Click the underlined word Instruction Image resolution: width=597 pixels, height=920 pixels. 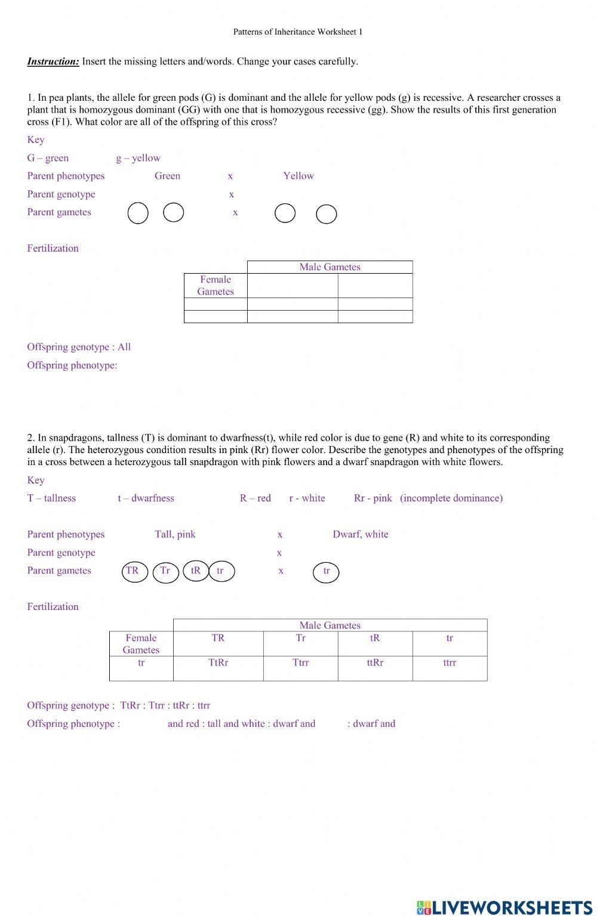coord(53,61)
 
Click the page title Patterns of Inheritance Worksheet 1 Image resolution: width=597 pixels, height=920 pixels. coord(297,32)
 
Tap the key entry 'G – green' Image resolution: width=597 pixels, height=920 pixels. coord(48,158)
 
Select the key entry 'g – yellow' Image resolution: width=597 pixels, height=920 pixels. coord(138,158)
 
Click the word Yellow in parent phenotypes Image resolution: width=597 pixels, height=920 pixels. coord(298,176)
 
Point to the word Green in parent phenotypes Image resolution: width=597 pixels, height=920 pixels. coord(167,176)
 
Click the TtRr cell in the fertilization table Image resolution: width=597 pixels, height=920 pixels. coord(218,662)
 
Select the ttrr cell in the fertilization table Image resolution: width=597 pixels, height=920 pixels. coord(450,662)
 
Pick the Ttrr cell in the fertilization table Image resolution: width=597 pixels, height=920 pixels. coord(300,662)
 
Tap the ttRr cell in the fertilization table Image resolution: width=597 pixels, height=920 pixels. coord(375,662)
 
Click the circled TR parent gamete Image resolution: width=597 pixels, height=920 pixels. coord(133,571)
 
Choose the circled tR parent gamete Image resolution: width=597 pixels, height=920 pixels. coord(196,571)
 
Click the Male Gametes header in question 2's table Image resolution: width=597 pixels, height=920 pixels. coord(330,625)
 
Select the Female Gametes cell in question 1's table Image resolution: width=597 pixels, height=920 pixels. coord(216,286)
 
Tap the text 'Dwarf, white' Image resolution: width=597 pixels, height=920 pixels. coord(361,534)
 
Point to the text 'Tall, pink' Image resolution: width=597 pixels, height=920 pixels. coord(175,534)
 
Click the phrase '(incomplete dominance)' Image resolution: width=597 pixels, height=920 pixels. coord(451,498)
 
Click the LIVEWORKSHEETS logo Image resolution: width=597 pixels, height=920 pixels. coord(504,907)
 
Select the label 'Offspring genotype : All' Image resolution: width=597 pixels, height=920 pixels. coord(79,347)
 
